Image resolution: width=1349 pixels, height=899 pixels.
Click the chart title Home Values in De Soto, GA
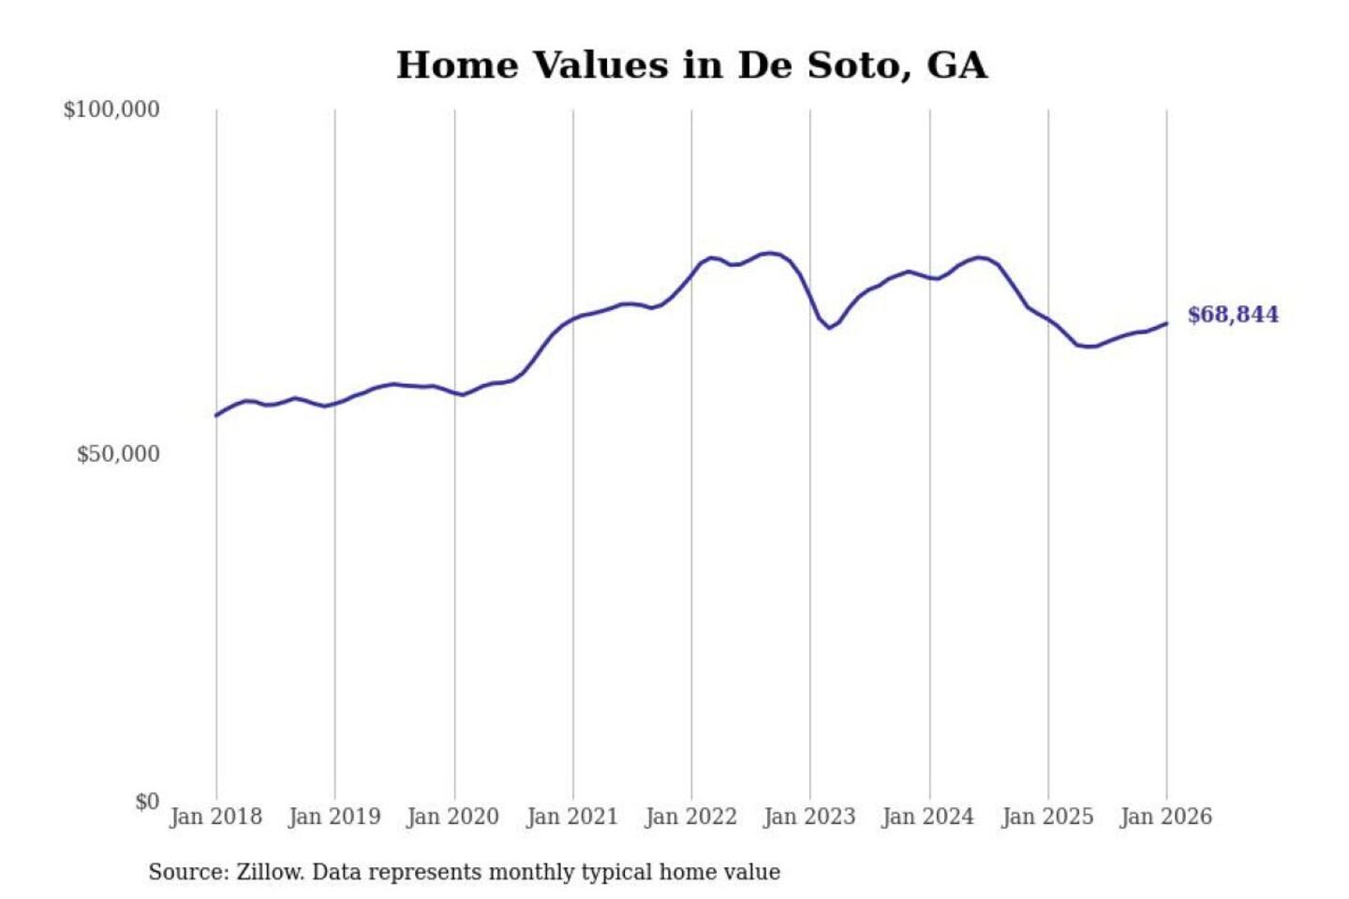(691, 66)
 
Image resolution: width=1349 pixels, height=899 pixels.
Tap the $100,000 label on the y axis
(111, 110)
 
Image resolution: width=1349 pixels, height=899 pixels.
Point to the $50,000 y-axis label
(118, 454)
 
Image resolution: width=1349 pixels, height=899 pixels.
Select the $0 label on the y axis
(147, 802)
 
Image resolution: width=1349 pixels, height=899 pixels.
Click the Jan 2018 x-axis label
(215, 817)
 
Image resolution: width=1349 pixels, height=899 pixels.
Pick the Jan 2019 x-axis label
(334, 817)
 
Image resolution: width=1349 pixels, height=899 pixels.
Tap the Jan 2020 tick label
(453, 817)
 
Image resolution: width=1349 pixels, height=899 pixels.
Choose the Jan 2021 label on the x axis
(572, 817)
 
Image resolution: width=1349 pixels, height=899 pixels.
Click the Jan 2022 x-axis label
(691, 817)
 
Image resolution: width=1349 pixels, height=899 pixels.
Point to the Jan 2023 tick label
(809, 817)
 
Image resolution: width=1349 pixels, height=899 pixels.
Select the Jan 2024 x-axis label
(928, 817)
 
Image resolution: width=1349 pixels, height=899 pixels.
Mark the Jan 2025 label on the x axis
(1047, 817)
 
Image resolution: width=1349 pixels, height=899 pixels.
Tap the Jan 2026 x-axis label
(1166, 817)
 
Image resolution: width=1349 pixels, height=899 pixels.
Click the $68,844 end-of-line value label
(1233, 315)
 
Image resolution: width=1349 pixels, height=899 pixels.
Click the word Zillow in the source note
(269, 872)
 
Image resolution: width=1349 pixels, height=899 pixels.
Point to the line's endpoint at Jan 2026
(1166, 323)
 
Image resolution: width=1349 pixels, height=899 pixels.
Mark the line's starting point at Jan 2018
(216, 416)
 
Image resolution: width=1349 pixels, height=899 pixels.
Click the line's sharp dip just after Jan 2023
(829, 328)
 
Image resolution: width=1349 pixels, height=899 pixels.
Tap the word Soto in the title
(854, 66)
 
